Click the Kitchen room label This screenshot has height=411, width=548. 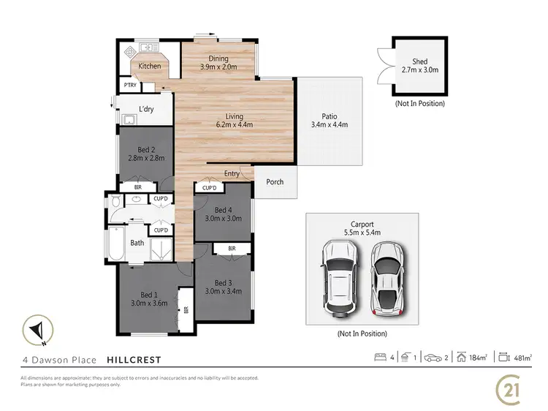click(x=150, y=67)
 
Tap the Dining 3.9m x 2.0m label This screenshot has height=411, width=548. click(x=218, y=63)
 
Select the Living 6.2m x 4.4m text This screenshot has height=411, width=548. click(x=234, y=121)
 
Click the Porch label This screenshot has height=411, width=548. click(x=275, y=182)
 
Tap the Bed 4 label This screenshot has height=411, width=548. click(x=223, y=213)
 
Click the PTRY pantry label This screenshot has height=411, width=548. click(x=130, y=86)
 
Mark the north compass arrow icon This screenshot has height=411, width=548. click(x=37, y=328)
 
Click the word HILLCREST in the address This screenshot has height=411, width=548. click(x=134, y=360)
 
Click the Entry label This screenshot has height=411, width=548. click(x=232, y=173)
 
